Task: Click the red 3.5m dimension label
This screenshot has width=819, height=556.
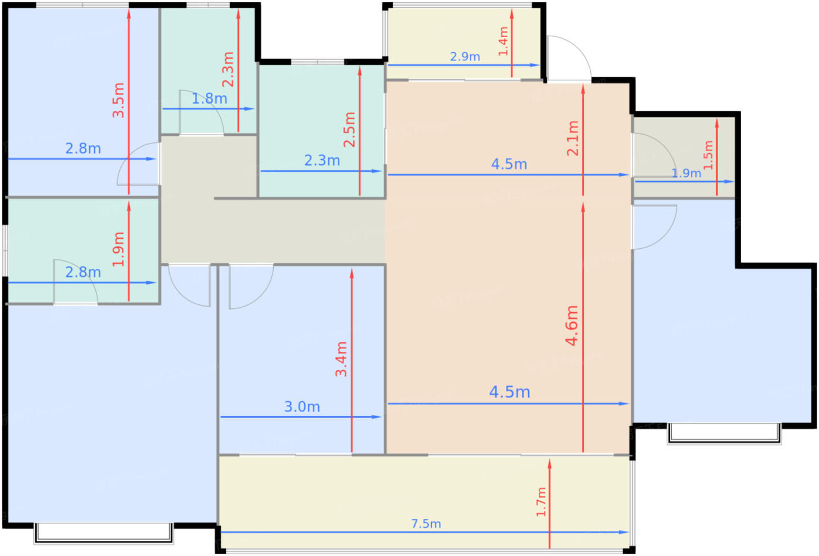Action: tap(118, 100)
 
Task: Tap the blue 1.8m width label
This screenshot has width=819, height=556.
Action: tap(209, 98)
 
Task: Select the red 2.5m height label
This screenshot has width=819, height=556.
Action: tap(350, 130)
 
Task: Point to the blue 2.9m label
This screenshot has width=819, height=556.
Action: tap(464, 57)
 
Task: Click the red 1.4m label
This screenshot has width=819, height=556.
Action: tap(504, 42)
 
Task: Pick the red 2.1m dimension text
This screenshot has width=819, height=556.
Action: tap(573, 138)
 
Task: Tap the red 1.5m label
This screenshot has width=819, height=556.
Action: tap(708, 155)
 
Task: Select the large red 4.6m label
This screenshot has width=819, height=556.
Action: tap(572, 325)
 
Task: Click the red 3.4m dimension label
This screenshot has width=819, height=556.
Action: tap(342, 359)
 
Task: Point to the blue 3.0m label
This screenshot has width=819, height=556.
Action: tap(302, 407)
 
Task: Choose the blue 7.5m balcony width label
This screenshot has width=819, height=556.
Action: tap(426, 524)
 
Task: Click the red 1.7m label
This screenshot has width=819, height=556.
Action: tap(541, 502)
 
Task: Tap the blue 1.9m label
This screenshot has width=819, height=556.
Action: tap(686, 173)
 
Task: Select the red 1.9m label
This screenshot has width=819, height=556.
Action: tap(118, 249)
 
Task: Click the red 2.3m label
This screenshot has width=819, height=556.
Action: tap(228, 70)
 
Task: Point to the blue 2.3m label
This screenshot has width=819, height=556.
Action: tap(322, 160)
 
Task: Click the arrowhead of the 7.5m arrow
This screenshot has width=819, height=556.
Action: tap(625, 532)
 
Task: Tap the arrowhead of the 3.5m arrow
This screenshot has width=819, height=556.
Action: tap(129, 13)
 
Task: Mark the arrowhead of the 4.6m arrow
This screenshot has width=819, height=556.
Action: tap(583, 207)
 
